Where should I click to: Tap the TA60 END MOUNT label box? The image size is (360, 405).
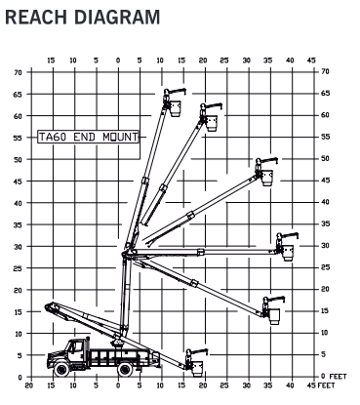tap(87, 138)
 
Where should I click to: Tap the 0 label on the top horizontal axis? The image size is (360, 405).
tap(118, 61)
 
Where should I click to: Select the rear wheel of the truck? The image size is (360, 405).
tap(124, 368)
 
